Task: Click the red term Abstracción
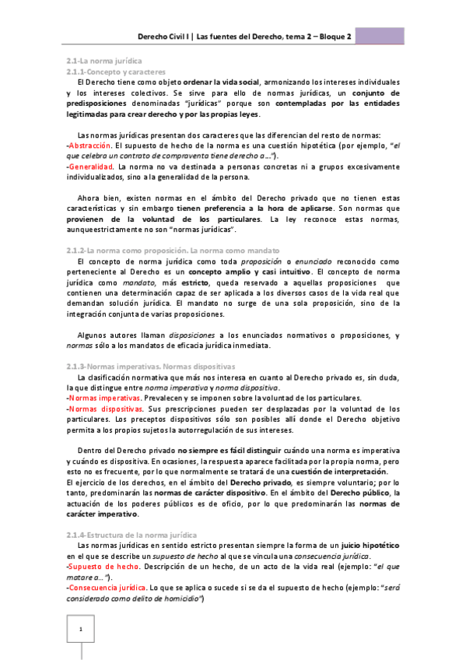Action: coord(90,146)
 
